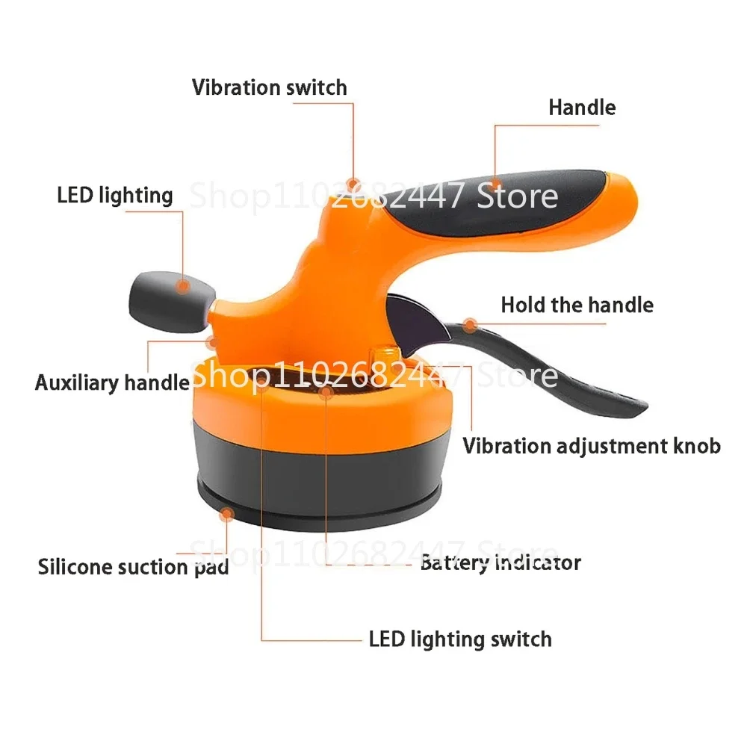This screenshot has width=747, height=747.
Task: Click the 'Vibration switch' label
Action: [269, 87]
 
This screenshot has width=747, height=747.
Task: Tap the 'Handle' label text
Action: [582, 107]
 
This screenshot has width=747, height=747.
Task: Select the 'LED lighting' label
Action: [115, 196]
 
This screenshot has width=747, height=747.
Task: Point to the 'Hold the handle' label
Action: [577, 305]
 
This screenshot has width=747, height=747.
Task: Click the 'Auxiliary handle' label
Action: [112, 383]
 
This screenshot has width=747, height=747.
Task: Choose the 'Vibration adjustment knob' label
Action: [592, 446]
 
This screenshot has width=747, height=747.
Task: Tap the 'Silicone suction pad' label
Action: [133, 566]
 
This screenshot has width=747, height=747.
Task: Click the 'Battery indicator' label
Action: [500, 562]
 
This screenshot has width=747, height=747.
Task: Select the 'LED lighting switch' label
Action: [460, 639]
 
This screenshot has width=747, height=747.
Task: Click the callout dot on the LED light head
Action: [182, 285]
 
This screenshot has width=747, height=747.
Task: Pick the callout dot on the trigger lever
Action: [469, 324]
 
